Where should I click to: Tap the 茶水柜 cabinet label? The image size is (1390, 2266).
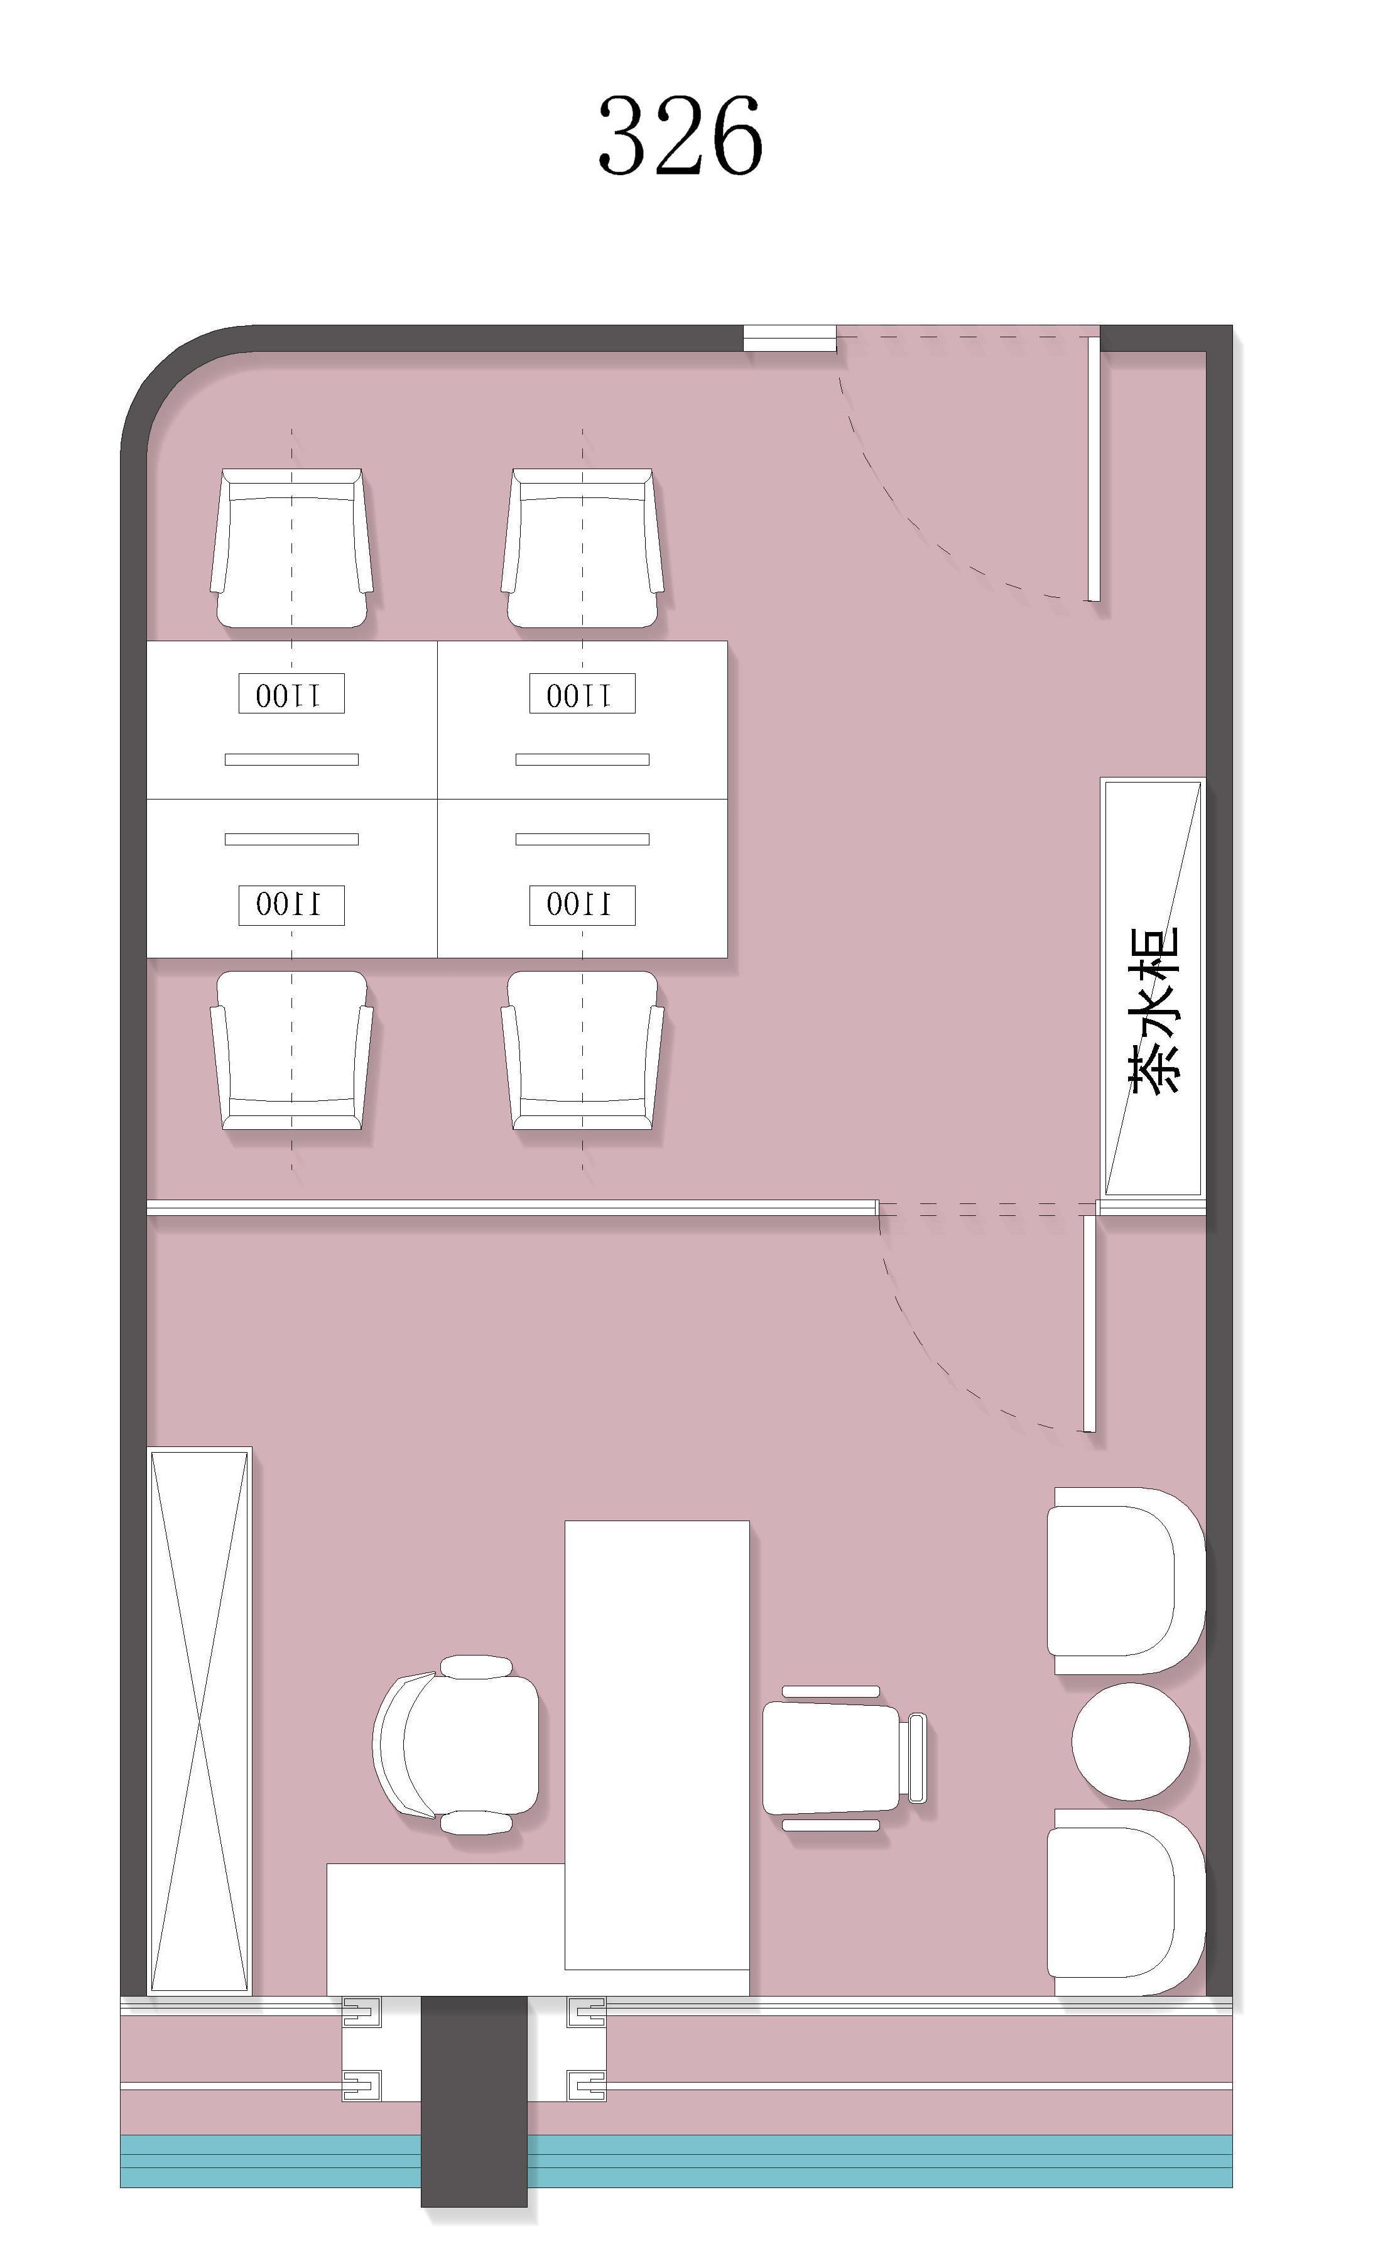(x=1153, y=1009)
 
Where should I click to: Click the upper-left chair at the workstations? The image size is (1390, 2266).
(x=291, y=548)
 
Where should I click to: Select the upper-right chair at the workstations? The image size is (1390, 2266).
(x=582, y=548)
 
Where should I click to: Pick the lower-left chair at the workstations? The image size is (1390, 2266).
(x=291, y=1050)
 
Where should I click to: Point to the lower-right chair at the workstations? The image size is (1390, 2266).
(x=582, y=1050)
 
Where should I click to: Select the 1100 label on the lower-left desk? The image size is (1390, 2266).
(x=291, y=905)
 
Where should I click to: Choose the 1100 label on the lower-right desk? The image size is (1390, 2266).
(x=582, y=905)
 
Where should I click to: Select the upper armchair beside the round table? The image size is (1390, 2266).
(x=1126, y=1581)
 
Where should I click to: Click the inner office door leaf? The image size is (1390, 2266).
(x=1089, y=1323)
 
